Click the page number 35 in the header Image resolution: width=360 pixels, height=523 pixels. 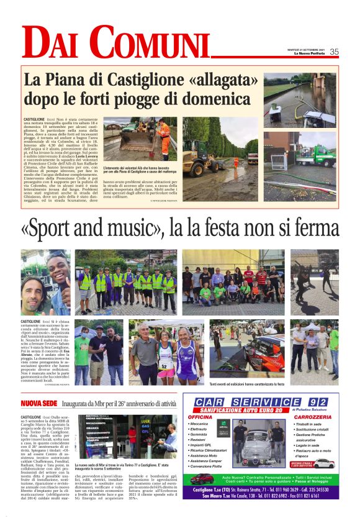pyautogui.click(x=334, y=52)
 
